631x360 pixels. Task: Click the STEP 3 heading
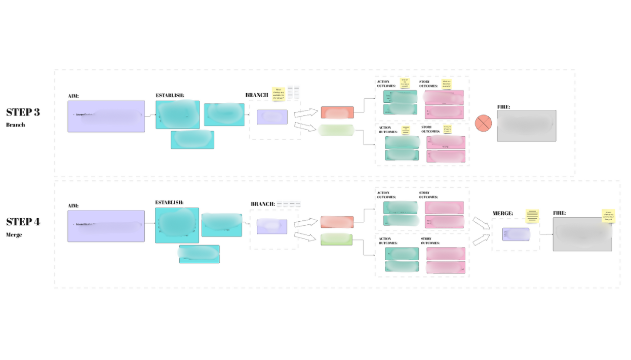23,112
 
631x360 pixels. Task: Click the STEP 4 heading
23,222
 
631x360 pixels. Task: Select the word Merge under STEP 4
14,235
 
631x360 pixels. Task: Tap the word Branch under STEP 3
15,125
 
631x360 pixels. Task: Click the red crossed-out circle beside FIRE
483,123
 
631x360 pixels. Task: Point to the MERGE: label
502,214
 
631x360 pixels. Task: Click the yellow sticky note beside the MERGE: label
532,216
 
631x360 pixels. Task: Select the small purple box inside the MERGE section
516,234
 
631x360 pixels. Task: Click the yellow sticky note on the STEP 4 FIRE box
608,216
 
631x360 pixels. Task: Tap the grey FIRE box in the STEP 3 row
526,126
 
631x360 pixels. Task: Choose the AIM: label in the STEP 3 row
73,96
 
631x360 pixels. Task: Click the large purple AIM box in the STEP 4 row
106,226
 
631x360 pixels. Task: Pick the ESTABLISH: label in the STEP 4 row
169,203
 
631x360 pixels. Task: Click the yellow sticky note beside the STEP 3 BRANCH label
279,94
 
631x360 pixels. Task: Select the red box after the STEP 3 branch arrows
337,112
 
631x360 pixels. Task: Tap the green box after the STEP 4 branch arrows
336,239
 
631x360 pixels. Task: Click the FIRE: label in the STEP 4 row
559,214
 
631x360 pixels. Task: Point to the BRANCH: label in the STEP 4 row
262,205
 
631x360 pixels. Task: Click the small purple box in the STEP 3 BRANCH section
272,117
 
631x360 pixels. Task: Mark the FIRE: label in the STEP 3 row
503,107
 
